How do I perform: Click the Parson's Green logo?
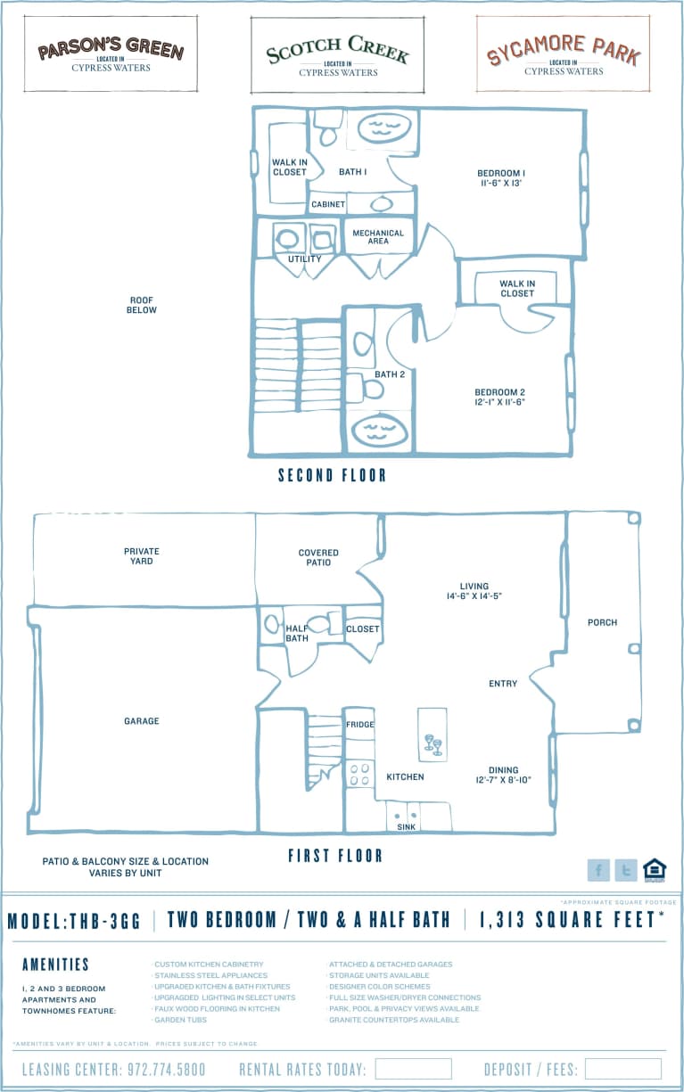pyautogui.click(x=111, y=53)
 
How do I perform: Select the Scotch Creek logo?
pyautogui.click(x=337, y=54)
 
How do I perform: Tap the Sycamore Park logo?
pyautogui.click(x=563, y=54)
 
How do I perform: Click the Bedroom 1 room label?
pyautogui.click(x=500, y=177)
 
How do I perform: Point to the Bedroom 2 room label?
pyautogui.click(x=499, y=397)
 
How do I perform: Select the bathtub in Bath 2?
pyautogui.click(x=379, y=431)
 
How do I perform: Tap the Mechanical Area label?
pyautogui.click(x=378, y=237)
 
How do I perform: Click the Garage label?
pyautogui.click(x=142, y=720)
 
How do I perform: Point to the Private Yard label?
pyautogui.click(x=142, y=556)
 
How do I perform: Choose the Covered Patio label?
pyautogui.click(x=318, y=557)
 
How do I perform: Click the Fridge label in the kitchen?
pyautogui.click(x=360, y=725)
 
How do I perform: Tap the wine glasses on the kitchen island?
pyautogui.click(x=432, y=743)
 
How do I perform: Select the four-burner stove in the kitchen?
pyautogui.click(x=359, y=773)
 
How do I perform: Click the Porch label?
pyautogui.click(x=602, y=622)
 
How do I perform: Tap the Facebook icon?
pyautogui.click(x=598, y=870)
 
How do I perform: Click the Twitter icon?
pyautogui.click(x=626, y=870)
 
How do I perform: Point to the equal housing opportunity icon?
pyautogui.click(x=655, y=870)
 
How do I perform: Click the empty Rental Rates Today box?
pyautogui.click(x=413, y=1069)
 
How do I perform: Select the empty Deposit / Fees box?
pyautogui.click(x=622, y=1069)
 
